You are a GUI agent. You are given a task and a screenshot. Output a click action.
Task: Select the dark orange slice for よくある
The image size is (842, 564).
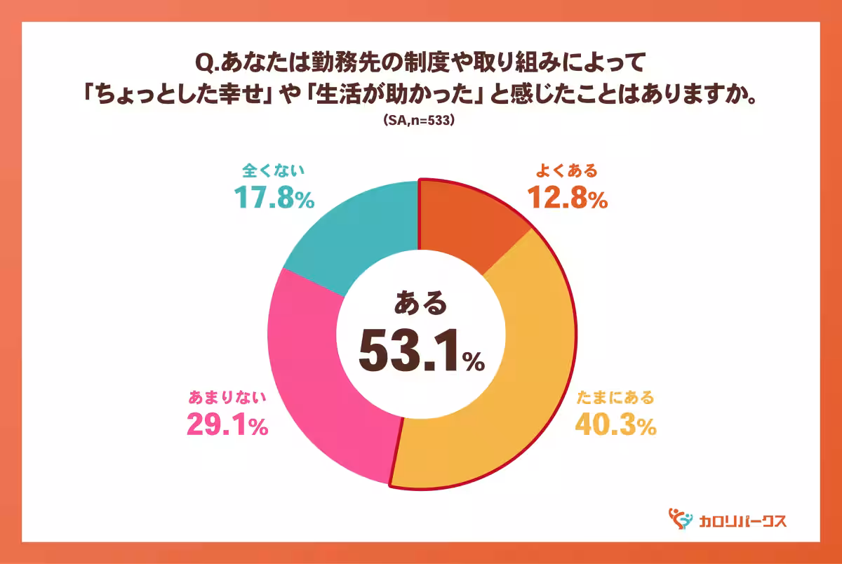point(470,224)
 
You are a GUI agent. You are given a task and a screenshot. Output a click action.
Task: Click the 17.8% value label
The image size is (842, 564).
point(273,199)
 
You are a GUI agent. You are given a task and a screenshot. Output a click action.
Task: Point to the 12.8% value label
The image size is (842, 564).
point(567,199)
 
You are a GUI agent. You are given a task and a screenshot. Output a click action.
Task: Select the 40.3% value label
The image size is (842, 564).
point(615,425)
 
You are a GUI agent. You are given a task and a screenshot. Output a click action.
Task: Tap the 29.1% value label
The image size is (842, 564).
point(227,425)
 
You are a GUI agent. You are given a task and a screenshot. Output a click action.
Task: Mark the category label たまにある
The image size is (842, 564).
point(615,398)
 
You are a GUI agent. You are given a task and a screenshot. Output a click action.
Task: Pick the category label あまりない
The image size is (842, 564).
point(227,398)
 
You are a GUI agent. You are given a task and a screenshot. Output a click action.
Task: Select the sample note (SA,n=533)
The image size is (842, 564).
point(420,121)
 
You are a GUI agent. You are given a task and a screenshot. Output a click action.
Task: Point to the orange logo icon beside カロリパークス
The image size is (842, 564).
point(679,519)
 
